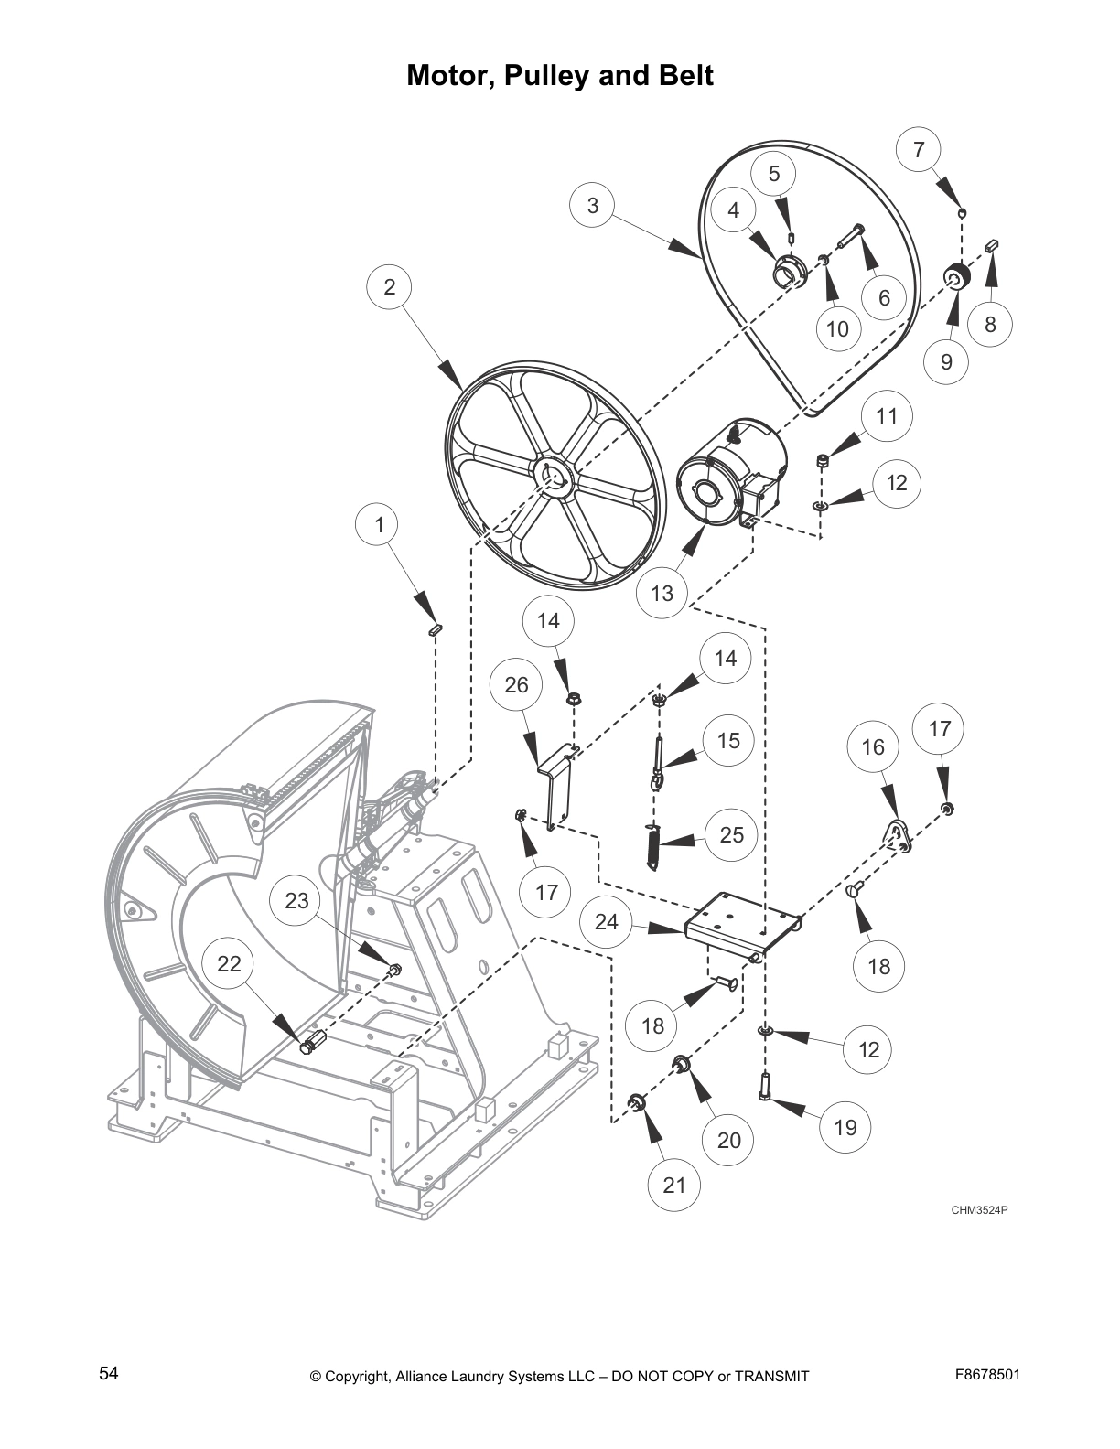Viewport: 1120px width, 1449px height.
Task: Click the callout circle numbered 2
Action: tap(390, 286)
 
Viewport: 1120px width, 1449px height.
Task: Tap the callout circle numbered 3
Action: tap(593, 205)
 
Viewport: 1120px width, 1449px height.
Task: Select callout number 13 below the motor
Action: tap(662, 593)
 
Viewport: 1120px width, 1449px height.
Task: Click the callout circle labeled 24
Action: tap(607, 922)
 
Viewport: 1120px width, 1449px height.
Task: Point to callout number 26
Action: tap(516, 684)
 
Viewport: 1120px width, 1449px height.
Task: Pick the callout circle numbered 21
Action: tap(673, 1185)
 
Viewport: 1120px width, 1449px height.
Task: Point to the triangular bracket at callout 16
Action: tap(897, 836)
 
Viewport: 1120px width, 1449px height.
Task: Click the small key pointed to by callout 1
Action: tap(436, 628)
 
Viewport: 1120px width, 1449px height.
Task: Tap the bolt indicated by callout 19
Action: tap(765, 1088)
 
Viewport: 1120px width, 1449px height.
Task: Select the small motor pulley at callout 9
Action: tap(955, 277)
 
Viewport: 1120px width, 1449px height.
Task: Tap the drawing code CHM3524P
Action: tap(978, 1210)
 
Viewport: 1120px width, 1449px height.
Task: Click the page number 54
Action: tap(109, 1373)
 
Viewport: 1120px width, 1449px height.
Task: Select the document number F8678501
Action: tap(987, 1374)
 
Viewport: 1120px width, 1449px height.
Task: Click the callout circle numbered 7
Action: tap(919, 150)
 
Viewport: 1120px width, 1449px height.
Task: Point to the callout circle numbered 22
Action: tap(229, 963)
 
